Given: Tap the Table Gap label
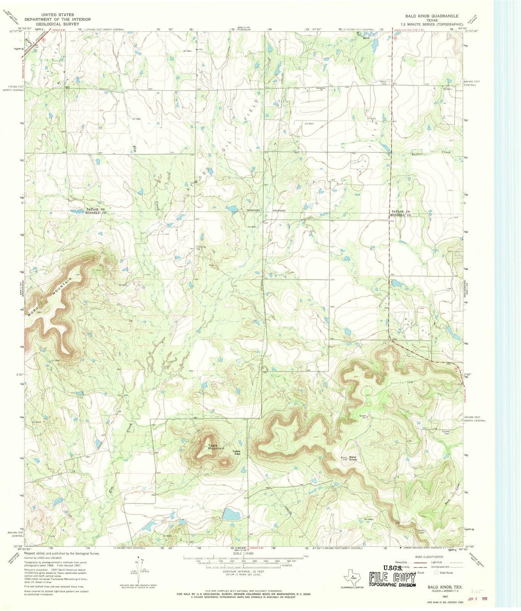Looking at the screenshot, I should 237,453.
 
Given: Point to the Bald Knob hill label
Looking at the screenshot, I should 352,459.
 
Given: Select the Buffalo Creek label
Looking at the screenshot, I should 431,153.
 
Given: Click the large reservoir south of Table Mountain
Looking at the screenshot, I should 231,514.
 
